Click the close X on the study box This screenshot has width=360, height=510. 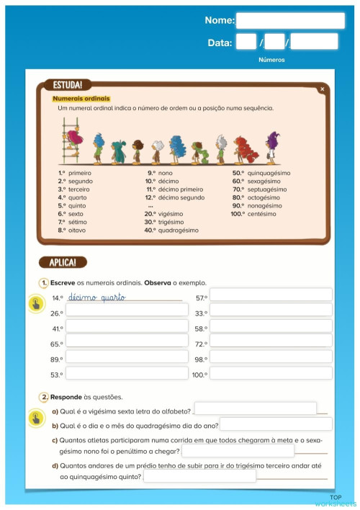[x=322, y=89]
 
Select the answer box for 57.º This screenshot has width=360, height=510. [x=271, y=295]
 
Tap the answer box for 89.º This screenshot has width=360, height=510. [x=127, y=358]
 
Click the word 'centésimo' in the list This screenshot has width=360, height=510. [x=261, y=214]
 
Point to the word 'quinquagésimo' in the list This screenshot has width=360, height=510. [x=268, y=174]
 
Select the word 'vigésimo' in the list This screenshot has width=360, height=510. [x=171, y=214]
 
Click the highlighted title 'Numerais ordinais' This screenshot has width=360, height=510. [x=81, y=98]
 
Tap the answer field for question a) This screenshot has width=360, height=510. [x=255, y=409]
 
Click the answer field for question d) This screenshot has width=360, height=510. [x=199, y=476]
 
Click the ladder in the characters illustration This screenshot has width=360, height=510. [x=70, y=142]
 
